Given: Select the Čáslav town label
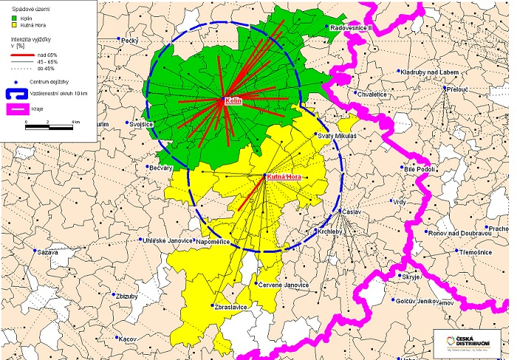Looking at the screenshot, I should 354,212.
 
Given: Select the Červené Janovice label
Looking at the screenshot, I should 287,285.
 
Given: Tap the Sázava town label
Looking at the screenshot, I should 47,252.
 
